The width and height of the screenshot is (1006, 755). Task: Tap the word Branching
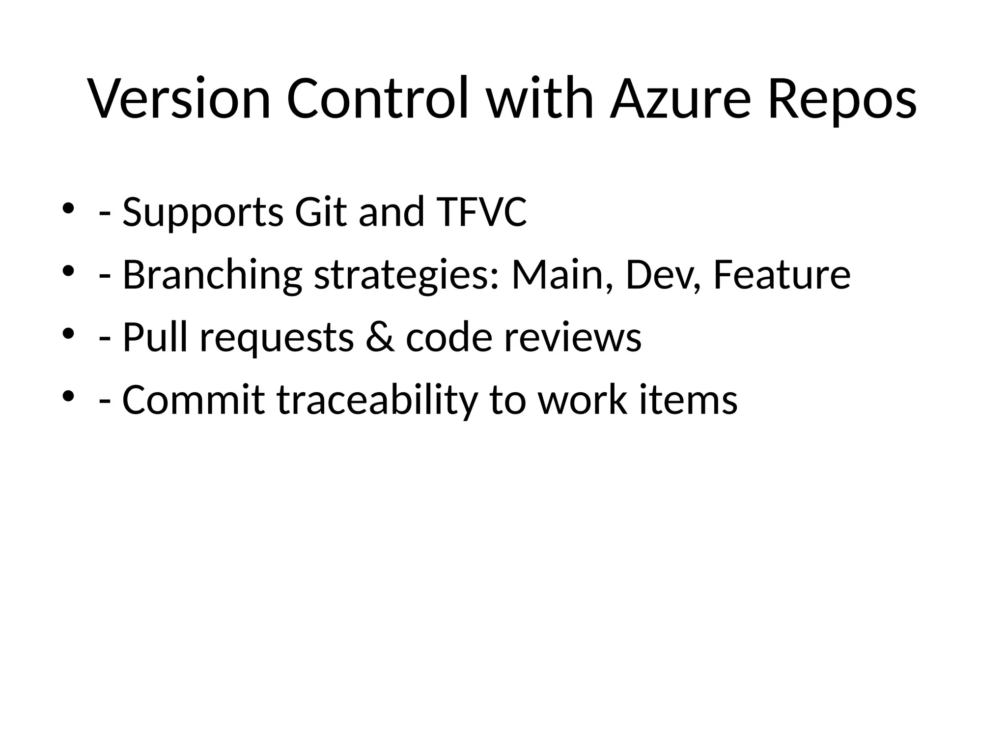212,275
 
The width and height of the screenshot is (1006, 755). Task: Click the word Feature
782,275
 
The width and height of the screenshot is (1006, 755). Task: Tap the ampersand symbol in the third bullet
379,338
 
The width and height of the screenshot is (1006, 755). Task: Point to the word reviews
573,338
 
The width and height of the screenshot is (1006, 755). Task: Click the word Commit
194,400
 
